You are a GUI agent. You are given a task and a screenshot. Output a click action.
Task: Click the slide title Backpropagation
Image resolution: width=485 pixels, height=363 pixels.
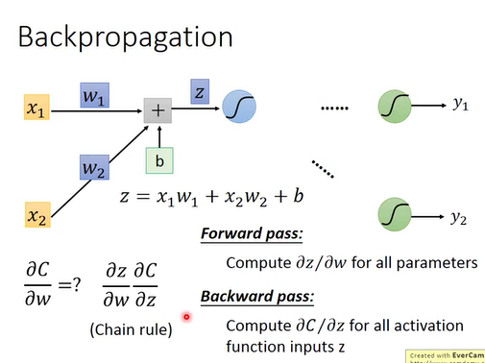coord(126,37)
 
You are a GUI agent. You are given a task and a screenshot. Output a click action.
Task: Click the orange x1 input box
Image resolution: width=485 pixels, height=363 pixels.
coord(36,110)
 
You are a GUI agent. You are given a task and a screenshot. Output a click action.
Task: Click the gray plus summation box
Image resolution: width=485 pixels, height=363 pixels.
coord(158,110)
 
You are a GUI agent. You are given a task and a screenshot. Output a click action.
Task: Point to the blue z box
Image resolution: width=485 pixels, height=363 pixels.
coord(200,91)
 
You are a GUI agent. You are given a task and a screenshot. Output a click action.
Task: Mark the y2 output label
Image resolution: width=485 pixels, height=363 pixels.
coord(459,219)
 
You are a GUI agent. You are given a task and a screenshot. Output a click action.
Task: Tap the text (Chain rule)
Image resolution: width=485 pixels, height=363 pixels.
coord(131,329)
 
